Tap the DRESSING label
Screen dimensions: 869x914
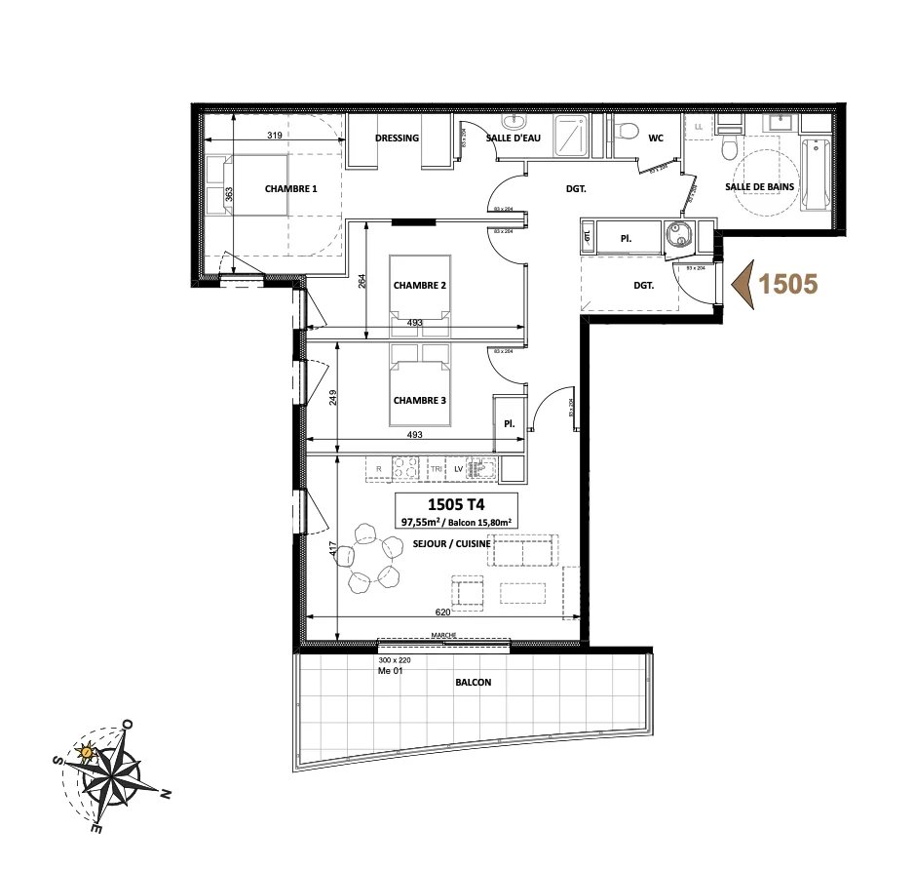[x=397, y=138]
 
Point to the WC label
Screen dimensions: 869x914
[x=656, y=138]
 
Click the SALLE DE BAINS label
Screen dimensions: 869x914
[x=759, y=186]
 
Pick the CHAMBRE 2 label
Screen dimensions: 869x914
[x=419, y=286]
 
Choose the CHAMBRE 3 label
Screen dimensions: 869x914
[x=419, y=401]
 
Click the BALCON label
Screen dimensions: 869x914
[x=473, y=683]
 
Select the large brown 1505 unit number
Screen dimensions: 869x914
[x=786, y=284]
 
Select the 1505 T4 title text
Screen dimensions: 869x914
[x=456, y=504]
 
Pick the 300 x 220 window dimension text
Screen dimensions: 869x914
[x=396, y=660]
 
